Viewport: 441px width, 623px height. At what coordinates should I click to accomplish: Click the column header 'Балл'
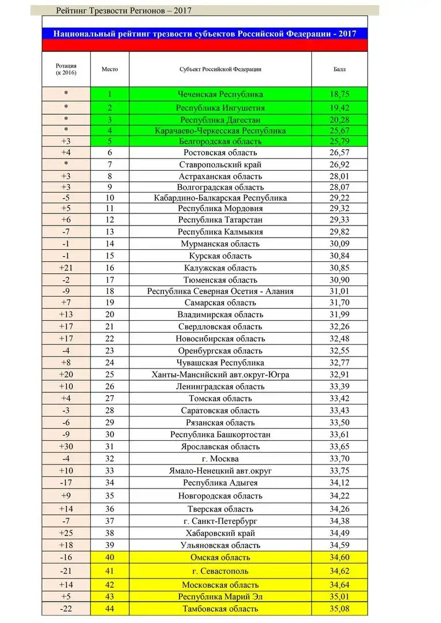(339, 69)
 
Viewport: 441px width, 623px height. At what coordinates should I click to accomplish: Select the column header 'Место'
(110, 69)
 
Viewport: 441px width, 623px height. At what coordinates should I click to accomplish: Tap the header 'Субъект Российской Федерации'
(220, 69)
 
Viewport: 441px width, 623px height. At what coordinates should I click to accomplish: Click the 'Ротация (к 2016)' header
(66, 69)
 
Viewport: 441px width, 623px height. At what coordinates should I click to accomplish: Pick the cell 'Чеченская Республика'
(220, 94)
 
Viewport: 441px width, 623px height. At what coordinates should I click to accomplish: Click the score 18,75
(339, 94)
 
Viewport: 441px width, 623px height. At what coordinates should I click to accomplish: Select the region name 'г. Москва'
(220, 459)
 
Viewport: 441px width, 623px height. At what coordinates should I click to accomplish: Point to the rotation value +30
(66, 446)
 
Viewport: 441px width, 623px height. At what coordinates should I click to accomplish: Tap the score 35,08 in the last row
(339, 609)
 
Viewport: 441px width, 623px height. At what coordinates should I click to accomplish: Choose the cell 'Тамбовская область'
(220, 609)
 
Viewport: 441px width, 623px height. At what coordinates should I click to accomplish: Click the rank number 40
(110, 557)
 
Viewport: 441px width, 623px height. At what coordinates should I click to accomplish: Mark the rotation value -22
(66, 609)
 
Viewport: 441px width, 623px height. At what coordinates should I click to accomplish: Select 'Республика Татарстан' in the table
(220, 220)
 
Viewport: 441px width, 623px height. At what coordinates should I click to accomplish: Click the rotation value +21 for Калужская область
(66, 268)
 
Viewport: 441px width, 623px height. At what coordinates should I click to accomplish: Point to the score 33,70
(339, 459)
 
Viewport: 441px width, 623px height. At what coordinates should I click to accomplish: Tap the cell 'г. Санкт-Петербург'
(220, 521)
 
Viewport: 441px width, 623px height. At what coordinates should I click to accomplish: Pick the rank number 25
(110, 374)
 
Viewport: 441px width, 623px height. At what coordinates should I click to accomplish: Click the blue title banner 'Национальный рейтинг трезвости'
(204, 33)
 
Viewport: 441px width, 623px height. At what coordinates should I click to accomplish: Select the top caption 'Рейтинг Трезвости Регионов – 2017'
(124, 10)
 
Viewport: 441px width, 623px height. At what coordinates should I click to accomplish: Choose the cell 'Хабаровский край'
(220, 533)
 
